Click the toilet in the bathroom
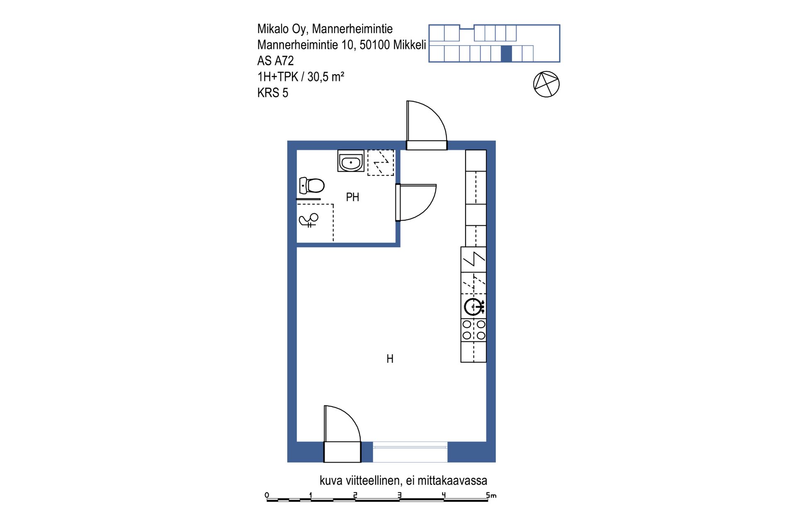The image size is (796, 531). pos(312,185)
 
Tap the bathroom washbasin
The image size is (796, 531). pos(351,161)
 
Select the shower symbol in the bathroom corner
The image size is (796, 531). pos(308,220)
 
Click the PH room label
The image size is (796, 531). pos(352,197)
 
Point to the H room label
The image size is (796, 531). pos(390,359)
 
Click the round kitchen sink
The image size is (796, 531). pos(473,307)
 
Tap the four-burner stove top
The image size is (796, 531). pos(473,330)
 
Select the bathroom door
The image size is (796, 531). pos(416,202)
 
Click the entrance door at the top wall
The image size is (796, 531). pos(427,125)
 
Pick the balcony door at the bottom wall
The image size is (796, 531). pos(342,434)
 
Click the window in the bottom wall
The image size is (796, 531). pos(410,452)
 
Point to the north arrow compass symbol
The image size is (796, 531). pos(546,84)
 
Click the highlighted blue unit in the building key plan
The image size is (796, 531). pos(506,54)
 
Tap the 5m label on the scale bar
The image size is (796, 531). pos(491,495)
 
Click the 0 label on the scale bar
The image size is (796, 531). pos(267,495)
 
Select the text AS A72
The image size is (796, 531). pos(275,61)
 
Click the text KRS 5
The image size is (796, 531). pos(272,93)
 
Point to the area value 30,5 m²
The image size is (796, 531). pos(326,77)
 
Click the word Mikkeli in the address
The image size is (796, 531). pos(410,45)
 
